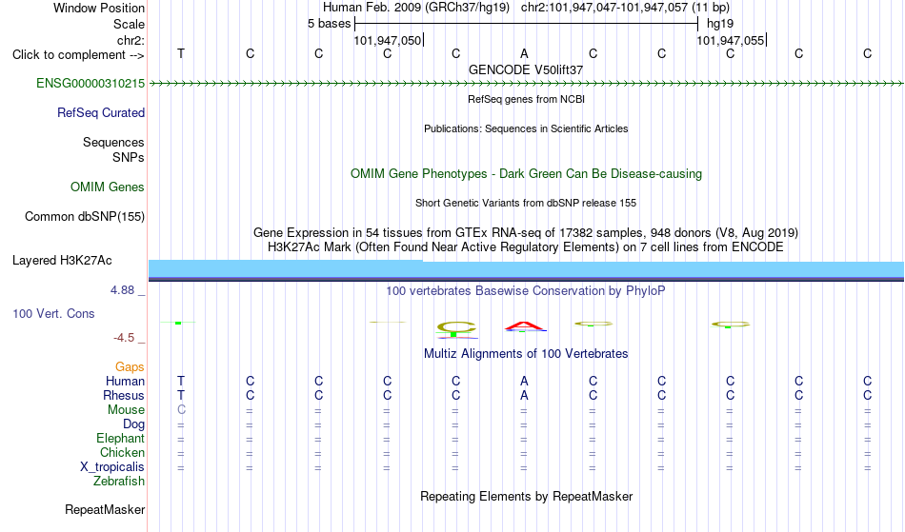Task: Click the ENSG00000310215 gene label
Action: (x=90, y=84)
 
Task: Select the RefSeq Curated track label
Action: (x=101, y=113)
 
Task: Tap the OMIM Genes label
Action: (x=108, y=187)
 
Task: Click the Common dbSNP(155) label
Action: (x=85, y=217)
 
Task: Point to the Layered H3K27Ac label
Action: (x=62, y=261)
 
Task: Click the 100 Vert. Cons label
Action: (x=53, y=314)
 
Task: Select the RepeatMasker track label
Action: (x=105, y=510)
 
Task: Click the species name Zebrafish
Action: (x=119, y=482)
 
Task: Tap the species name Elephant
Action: (x=121, y=439)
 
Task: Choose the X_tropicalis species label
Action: (x=112, y=467)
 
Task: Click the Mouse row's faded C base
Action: (x=181, y=410)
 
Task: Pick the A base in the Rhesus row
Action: (x=524, y=395)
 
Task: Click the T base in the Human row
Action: (x=181, y=381)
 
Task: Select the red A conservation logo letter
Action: (x=525, y=326)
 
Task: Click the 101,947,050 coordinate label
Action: (x=388, y=40)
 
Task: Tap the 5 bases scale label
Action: (x=329, y=24)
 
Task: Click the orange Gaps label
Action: (x=130, y=367)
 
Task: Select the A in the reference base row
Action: (x=524, y=53)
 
